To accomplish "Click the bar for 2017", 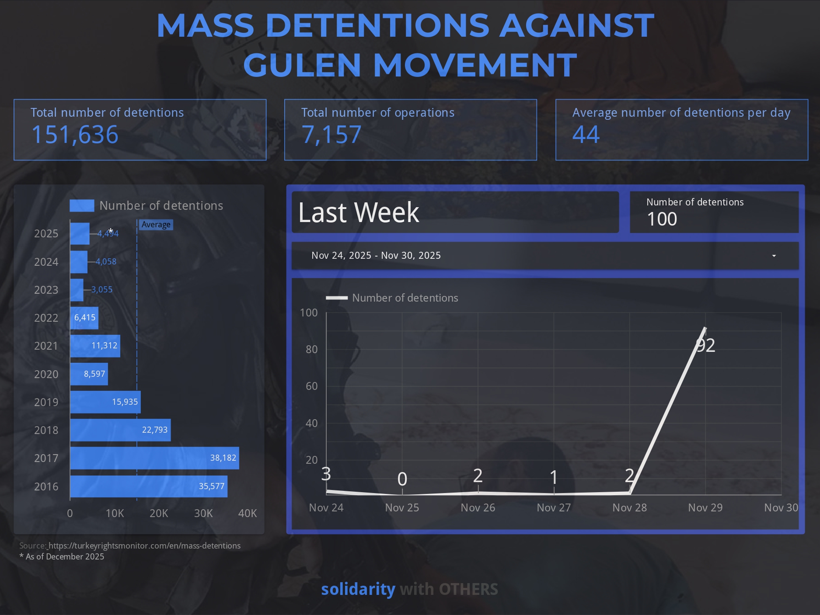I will [154, 458].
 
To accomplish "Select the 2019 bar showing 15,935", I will [105, 402].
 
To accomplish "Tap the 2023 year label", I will [46, 290].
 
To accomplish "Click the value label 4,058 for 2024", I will [106, 262].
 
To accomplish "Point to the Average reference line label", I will [156, 225].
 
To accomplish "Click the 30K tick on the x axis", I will [203, 513].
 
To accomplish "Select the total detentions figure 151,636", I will [75, 135].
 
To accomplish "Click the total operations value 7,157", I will [331, 135].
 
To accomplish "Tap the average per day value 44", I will [586, 135].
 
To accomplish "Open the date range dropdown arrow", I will [774, 256].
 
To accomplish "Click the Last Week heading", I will [359, 212].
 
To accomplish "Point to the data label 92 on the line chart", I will [705, 346].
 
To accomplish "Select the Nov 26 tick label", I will [478, 507].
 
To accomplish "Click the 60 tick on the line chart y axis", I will [311, 386].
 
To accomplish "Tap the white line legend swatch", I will [337, 298].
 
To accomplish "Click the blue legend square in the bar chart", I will [82, 205].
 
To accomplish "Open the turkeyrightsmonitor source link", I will [144, 546].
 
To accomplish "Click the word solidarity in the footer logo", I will [358, 589].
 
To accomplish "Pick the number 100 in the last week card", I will [662, 219].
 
